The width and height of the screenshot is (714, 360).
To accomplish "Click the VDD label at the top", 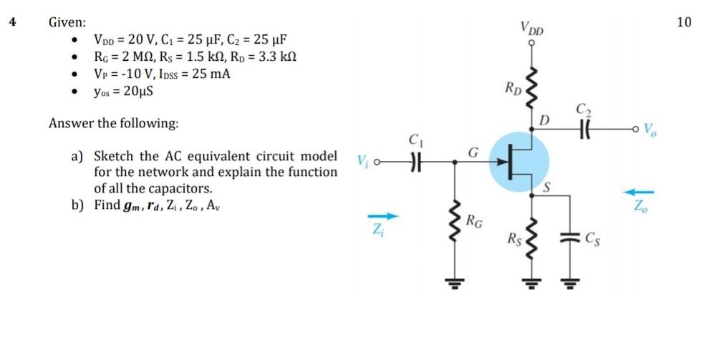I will pyautogui.click(x=533, y=29).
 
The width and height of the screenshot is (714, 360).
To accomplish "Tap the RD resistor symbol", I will pyautogui.click(x=531, y=89).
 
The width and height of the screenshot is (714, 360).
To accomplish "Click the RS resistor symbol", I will pyautogui.click(x=531, y=236).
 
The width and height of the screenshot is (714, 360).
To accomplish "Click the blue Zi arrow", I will pyautogui.click(x=381, y=215).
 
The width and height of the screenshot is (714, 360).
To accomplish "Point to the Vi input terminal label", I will pyautogui.click(x=363, y=161).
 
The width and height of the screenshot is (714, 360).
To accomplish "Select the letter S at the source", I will pyautogui.click(x=548, y=188).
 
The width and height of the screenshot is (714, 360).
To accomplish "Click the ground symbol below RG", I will pyautogui.click(x=454, y=281).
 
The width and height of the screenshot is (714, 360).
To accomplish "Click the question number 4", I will pyautogui.click(x=12, y=21).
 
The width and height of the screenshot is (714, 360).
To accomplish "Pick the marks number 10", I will pyautogui.click(x=684, y=21).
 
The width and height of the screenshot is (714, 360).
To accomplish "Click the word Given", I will pyautogui.click(x=67, y=22).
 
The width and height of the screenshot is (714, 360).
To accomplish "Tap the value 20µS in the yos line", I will pyautogui.click(x=138, y=92).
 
